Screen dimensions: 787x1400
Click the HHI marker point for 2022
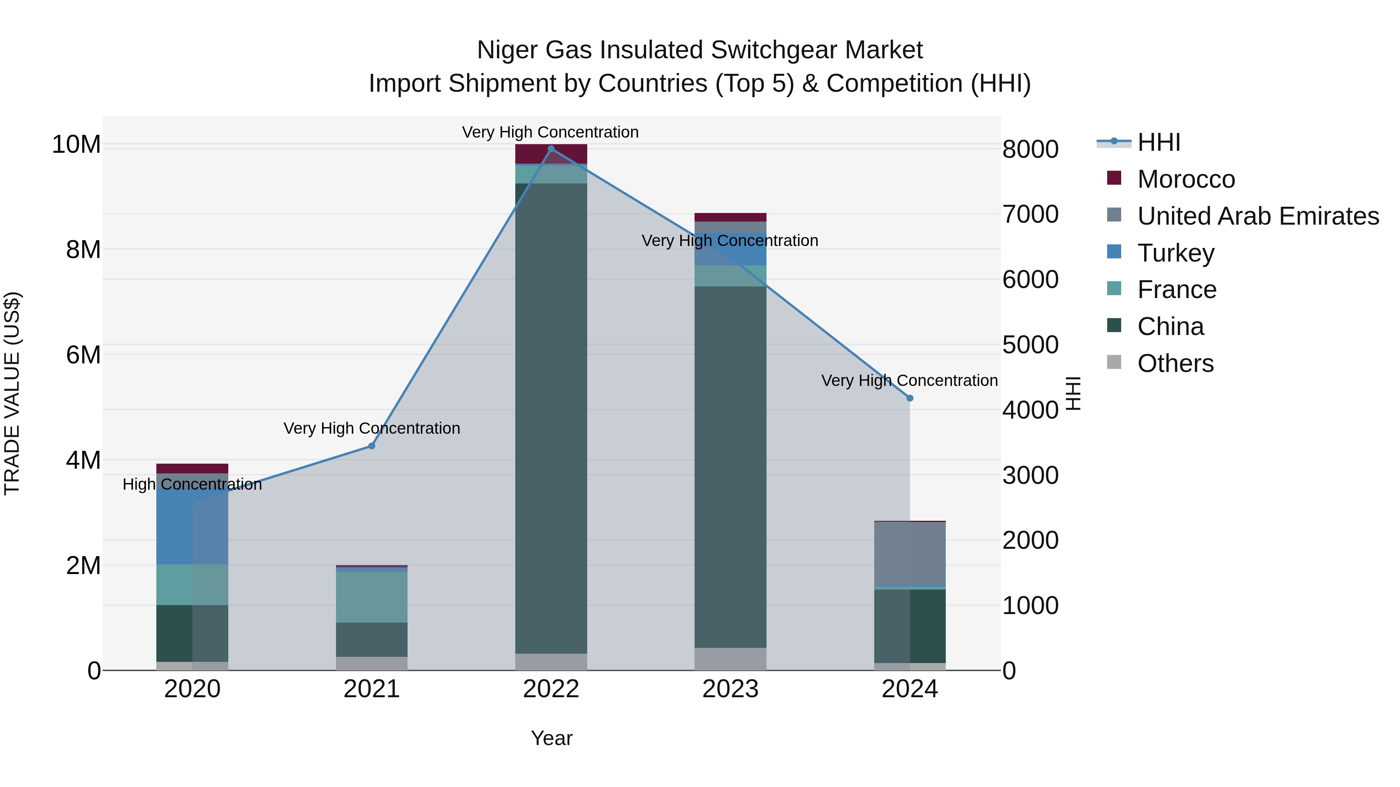[551, 149]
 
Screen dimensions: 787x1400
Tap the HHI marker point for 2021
[372, 446]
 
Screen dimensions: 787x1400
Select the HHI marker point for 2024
[910, 398]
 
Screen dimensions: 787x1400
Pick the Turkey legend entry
[1176, 253]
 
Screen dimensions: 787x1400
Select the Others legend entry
[1175, 363]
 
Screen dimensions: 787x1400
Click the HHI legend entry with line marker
[1158, 142]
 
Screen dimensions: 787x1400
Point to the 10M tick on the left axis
[76, 145]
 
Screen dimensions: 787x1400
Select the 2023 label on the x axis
[730, 689]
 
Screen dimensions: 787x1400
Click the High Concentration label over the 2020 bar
[192, 485]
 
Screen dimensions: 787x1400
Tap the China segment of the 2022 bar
[551, 418]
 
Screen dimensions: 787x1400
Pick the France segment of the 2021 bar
[372, 596]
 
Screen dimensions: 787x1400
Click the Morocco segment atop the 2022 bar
[551, 154]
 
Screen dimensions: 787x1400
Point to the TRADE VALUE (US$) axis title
[12, 393]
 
